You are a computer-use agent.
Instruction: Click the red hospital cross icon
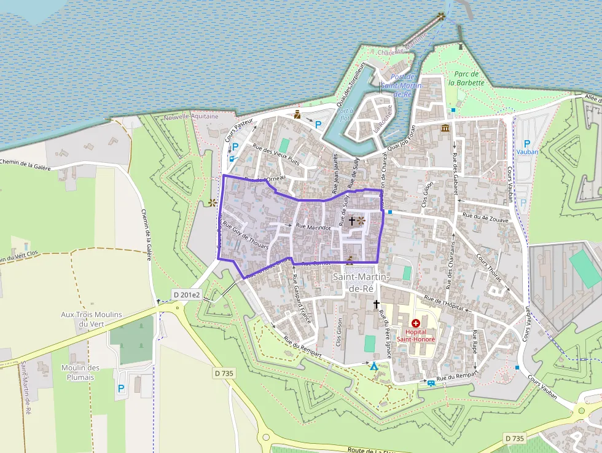point(416,323)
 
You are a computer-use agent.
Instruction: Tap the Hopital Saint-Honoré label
point(416,335)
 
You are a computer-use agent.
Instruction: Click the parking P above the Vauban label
point(526,143)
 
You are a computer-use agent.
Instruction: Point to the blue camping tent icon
point(373,366)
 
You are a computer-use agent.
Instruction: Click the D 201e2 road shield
point(187,295)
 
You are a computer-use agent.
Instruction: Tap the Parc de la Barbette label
point(466,78)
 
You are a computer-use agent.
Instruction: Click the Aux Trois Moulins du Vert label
point(92,318)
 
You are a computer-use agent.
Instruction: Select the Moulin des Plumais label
point(80,372)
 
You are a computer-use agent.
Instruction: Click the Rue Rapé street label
point(474,342)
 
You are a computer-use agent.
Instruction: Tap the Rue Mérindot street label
point(313,226)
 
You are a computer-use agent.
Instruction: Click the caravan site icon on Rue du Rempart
point(431,383)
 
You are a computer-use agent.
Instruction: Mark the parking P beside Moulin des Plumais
point(121,388)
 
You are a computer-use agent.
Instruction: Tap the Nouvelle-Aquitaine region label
point(191,117)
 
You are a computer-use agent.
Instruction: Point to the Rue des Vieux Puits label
point(276,156)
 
